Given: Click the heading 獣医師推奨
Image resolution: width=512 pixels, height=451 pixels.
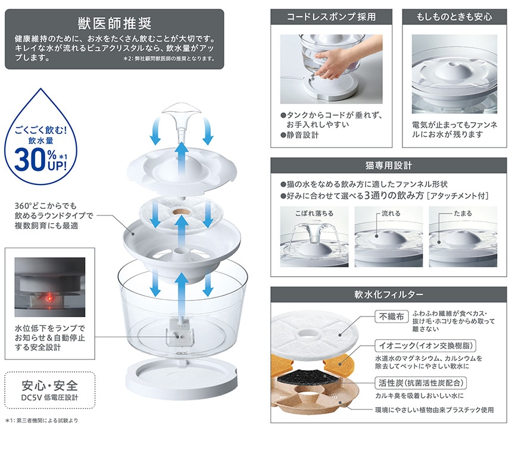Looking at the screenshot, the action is pyautogui.click(x=115, y=23).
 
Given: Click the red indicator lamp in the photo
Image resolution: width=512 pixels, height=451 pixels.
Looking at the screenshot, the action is pyautogui.click(x=49, y=298).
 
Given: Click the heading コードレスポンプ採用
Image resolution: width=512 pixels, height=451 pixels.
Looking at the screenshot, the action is pyautogui.click(x=331, y=17).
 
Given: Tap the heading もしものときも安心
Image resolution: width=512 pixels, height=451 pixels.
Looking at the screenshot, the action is pyautogui.click(x=454, y=17).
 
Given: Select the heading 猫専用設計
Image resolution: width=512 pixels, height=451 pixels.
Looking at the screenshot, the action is pyautogui.click(x=389, y=166).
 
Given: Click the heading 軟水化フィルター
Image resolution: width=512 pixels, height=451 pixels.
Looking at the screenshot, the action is pyautogui.click(x=389, y=295).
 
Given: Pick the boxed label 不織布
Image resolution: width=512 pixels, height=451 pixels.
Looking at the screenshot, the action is pyautogui.click(x=391, y=317).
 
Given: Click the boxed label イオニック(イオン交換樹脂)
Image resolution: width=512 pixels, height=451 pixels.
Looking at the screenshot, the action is pyautogui.click(x=426, y=346).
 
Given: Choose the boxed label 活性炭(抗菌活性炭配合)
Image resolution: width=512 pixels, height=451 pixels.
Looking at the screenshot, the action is pyautogui.click(x=421, y=383).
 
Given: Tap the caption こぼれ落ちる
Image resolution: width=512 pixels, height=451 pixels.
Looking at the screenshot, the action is pyautogui.click(x=314, y=214).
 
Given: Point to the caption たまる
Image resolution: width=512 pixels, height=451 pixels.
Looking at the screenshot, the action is pyautogui.click(x=463, y=214).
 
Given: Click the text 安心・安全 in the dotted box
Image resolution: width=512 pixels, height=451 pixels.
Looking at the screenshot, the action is pyautogui.click(x=49, y=386).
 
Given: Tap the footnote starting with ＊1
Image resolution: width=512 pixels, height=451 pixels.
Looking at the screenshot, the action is pyautogui.click(x=42, y=421).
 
